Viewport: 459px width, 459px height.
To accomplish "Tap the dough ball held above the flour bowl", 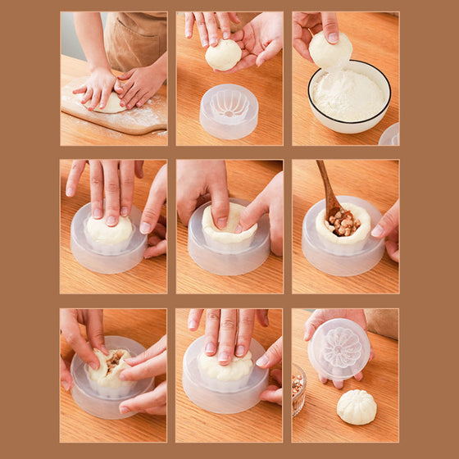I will click(330, 52).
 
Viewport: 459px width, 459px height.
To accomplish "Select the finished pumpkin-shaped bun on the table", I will click(357, 407).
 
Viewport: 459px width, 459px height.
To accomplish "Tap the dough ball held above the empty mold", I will click(223, 55).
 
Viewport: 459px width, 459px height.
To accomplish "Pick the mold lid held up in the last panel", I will click(339, 348).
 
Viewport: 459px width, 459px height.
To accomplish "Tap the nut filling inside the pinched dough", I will click(111, 361).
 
